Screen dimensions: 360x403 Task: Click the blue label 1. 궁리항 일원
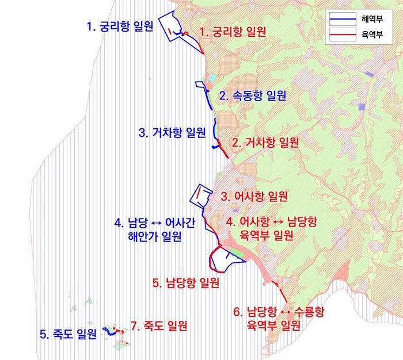click(120, 26)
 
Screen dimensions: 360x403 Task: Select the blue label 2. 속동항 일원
click(252, 96)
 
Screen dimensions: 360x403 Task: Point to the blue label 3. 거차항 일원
click(172, 133)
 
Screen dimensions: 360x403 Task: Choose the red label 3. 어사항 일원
click(254, 196)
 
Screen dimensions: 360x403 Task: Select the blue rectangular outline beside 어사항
click(201, 195)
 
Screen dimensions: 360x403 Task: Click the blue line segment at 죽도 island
click(108, 331)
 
